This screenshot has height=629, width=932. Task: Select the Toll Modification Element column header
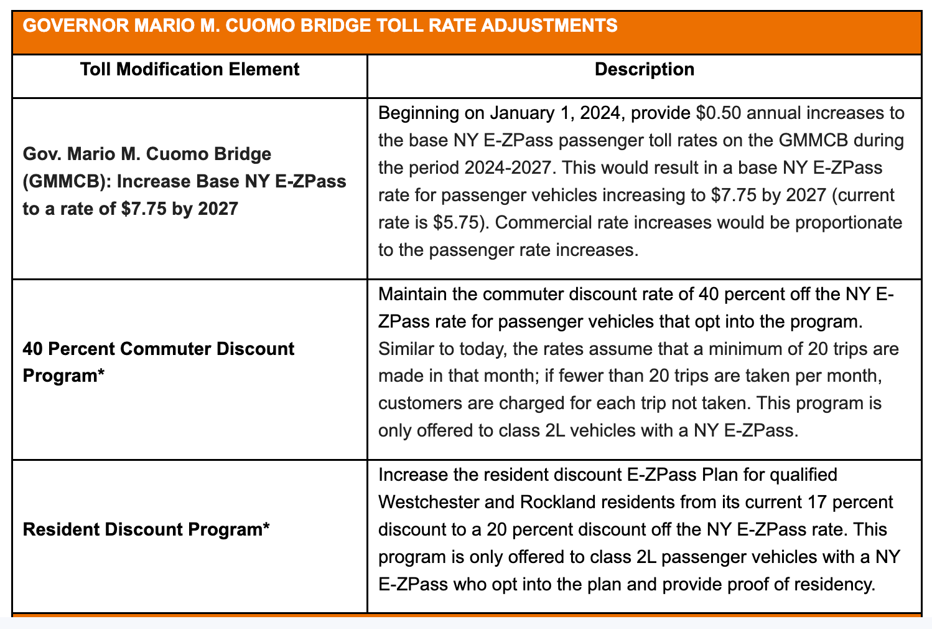(x=190, y=69)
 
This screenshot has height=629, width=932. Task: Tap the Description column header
(x=645, y=69)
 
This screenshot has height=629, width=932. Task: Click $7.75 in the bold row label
(x=144, y=208)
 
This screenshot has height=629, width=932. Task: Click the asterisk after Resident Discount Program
(x=266, y=529)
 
